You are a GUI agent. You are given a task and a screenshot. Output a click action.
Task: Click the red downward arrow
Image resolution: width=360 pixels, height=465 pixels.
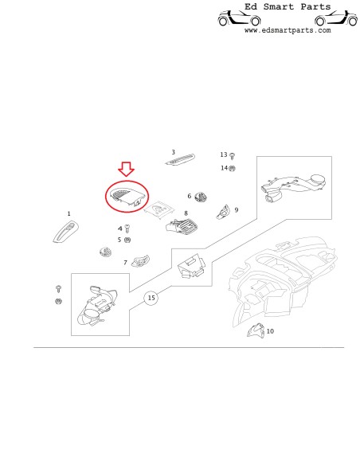(127, 170)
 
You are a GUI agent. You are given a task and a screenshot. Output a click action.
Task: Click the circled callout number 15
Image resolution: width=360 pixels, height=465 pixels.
(151, 298)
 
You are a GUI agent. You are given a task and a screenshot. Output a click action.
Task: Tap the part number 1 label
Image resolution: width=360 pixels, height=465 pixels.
(68, 213)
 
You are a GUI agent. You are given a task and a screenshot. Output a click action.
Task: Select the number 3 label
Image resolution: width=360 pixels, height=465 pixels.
(174, 152)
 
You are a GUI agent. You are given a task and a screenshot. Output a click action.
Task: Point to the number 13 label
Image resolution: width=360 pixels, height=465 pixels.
(224, 154)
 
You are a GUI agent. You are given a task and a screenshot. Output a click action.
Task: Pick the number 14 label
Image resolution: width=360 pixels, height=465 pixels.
(224, 168)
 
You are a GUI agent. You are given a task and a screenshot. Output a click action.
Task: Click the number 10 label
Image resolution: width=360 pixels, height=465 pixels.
(270, 331)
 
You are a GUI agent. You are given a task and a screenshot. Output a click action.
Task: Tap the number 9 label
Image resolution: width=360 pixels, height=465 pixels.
(237, 210)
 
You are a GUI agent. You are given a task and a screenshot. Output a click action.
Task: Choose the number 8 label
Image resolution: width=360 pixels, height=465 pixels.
(186, 213)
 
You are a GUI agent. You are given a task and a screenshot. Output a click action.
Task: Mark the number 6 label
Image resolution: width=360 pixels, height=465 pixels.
(190, 196)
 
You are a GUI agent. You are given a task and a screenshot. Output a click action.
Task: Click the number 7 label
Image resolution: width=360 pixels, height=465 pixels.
(125, 263)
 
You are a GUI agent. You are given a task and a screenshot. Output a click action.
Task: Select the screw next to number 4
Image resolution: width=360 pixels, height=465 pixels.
(127, 229)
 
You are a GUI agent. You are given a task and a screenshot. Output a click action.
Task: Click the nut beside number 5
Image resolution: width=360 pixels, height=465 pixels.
(127, 240)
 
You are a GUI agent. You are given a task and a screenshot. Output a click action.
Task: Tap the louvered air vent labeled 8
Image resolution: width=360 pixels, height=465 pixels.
(182, 225)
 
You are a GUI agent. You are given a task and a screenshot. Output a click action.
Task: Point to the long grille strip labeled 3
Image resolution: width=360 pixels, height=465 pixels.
(180, 159)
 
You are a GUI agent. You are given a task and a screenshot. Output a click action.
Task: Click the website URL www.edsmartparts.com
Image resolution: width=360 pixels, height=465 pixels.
(288, 30)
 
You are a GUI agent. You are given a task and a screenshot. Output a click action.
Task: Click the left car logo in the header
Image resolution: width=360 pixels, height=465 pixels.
(239, 18)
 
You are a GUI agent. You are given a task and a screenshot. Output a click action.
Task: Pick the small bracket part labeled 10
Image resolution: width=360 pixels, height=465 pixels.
(256, 330)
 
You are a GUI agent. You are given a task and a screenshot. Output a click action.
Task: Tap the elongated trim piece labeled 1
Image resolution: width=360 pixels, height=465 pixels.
(66, 232)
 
